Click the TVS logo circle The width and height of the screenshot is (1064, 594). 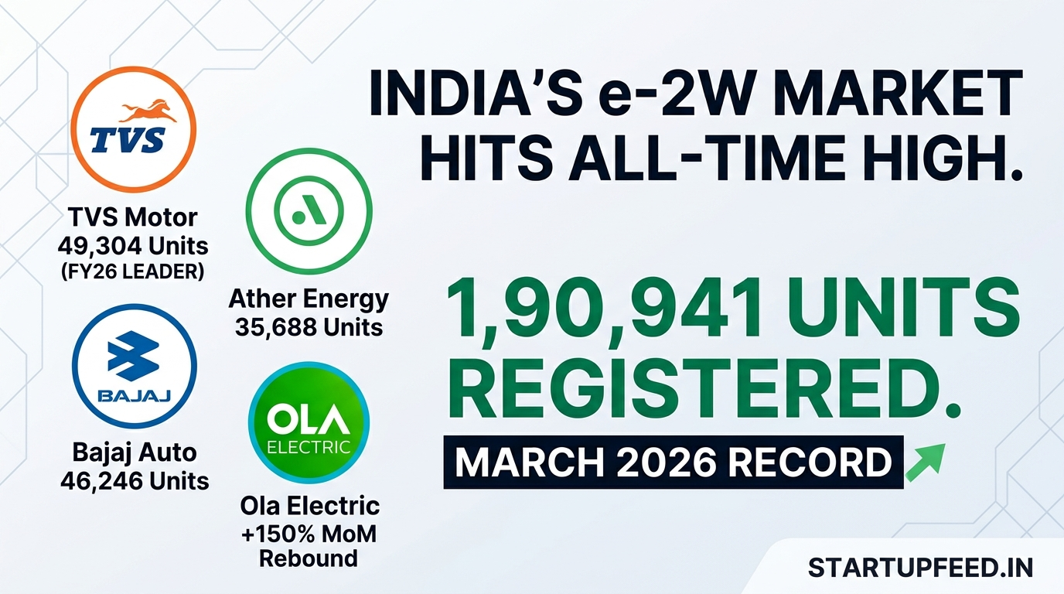133,130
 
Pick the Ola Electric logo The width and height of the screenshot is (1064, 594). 309,424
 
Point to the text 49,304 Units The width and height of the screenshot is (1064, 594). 133,246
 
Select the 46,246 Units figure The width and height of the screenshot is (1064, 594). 135,480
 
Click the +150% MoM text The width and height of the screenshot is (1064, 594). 309,533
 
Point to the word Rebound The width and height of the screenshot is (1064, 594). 309,558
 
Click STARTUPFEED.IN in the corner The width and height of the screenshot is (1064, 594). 920,568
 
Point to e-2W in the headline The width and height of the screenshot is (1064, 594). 706,97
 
